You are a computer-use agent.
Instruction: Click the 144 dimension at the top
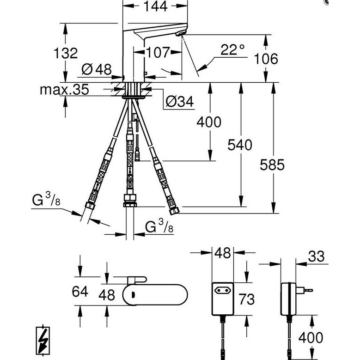155,6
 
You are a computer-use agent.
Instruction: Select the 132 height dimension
66,53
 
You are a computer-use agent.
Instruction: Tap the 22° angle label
232,49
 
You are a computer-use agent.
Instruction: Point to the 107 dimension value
158,52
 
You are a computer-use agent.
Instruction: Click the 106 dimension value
266,59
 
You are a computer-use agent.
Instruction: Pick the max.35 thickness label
64,90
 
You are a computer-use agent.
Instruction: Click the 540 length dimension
240,145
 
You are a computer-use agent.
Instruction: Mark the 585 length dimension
272,165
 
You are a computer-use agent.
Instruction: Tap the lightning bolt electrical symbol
43,341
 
